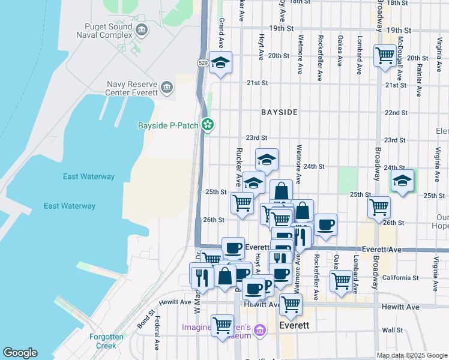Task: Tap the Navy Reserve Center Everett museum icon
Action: point(166,89)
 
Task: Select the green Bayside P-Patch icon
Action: point(208,125)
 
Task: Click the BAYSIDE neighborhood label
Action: point(279,112)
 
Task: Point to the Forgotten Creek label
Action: point(106,341)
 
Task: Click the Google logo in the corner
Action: point(20,353)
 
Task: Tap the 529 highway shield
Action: point(203,62)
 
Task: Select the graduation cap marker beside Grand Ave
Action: point(221,63)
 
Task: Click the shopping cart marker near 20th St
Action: point(384,56)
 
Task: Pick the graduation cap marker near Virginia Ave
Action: point(402,179)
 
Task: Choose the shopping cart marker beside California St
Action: point(340,280)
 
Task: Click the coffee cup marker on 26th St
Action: point(325,224)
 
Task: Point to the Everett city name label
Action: point(295,325)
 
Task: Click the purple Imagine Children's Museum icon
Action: point(260,330)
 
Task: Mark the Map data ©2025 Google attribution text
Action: point(411,355)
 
